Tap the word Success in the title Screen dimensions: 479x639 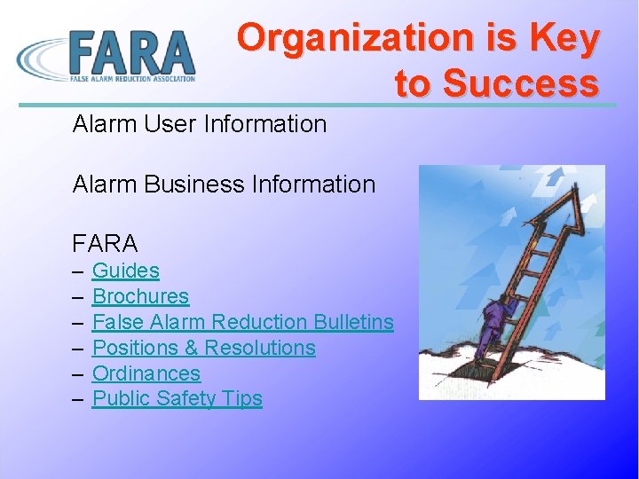click(521, 83)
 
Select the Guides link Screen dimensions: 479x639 click(125, 271)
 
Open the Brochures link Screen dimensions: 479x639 click(140, 296)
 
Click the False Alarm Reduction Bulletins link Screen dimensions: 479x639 click(242, 322)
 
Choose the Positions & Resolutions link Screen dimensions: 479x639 click(203, 348)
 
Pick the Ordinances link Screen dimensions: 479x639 click(146, 373)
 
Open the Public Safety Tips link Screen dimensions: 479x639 click(177, 399)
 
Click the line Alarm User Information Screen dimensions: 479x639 click(200, 124)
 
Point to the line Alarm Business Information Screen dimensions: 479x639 click(224, 185)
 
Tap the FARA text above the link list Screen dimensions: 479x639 click(105, 243)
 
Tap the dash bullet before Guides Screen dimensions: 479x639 click(78, 271)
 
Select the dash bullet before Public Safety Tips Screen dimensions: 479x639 click(78, 399)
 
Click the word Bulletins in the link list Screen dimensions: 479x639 click(353, 322)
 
